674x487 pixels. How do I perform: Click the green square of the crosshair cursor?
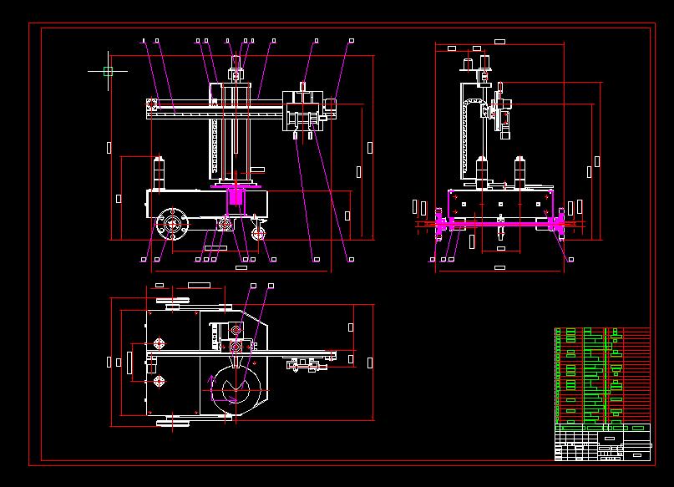coord(108,72)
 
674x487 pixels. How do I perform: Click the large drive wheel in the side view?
coord(173,224)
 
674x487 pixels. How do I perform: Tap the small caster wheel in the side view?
coord(259,234)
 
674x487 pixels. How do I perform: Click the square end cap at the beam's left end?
coord(151,104)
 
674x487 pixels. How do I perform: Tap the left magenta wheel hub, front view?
coord(443,223)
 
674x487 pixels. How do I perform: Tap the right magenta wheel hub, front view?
coord(555,223)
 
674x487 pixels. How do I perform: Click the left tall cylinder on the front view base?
coord(481,171)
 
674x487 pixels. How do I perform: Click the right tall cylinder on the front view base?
coord(519,171)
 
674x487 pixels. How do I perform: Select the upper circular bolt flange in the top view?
coord(159,343)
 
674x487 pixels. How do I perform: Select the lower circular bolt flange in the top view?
coord(159,381)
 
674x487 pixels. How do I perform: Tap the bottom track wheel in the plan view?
coord(174,424)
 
